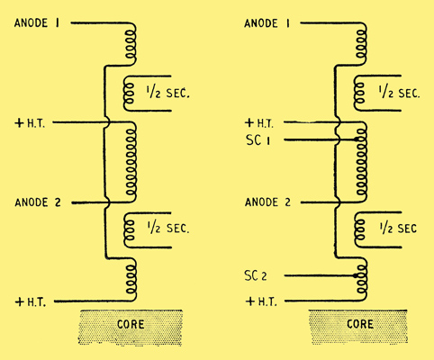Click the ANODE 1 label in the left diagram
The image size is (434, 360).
pos(36,24)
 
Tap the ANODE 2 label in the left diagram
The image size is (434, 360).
pos(36,202)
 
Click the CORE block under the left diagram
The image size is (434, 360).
pos(131,323)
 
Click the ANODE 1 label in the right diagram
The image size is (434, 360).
pos(267,24)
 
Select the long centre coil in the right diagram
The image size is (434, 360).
pos(364,163)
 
